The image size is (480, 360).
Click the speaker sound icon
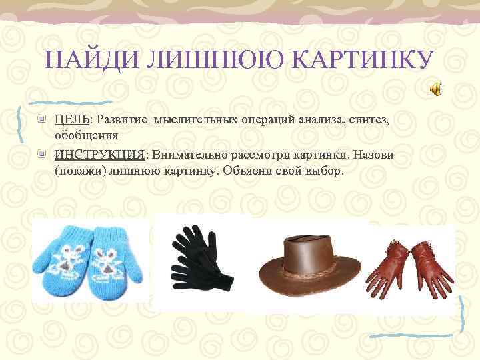(x=434, y=90)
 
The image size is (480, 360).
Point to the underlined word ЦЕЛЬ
(x=73, y=119)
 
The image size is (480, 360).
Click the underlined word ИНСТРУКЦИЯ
(x=99, y=154)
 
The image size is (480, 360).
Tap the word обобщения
(x=87, y=135)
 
